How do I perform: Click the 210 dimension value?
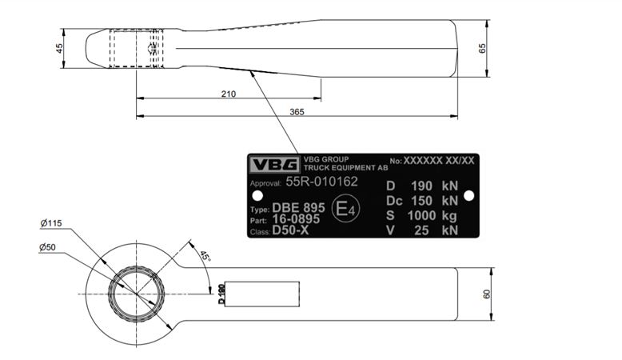229,94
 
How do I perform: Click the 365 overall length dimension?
297,112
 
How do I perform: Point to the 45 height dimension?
59,49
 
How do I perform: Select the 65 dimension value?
482,49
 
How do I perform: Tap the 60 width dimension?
487,294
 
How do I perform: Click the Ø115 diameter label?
51,223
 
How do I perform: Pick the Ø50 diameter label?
47,247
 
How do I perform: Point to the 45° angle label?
205,256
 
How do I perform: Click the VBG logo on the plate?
274,164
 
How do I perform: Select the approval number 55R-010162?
321,182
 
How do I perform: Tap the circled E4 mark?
346,208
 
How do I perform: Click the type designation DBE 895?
298,207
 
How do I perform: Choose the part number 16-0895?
296,219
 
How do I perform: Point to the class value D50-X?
290,230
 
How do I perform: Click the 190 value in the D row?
421,186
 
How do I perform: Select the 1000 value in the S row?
421,215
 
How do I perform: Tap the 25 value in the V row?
421,230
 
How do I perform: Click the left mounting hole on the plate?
257,196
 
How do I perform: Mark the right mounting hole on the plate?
468,196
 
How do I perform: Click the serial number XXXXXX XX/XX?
439,160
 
